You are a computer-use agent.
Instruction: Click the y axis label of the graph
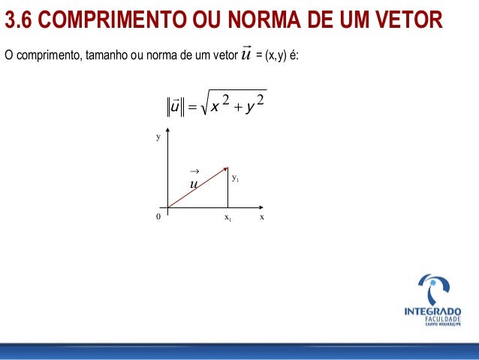point(158,138)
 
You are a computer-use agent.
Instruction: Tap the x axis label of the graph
point(261,217)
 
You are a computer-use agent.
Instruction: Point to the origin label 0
point(158,217)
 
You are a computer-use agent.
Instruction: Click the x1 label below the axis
point(227,218)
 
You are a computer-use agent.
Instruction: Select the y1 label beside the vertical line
point(235,178)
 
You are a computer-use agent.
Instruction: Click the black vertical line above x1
point(227,188)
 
